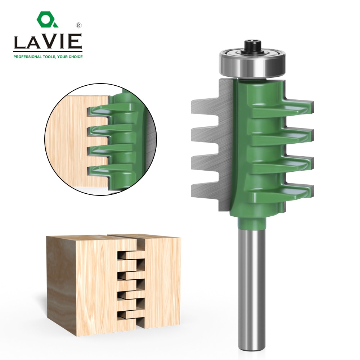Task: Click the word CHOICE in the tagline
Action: (74, 57)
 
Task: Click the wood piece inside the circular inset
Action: (68, 144)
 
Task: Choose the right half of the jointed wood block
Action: (162, 284)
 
